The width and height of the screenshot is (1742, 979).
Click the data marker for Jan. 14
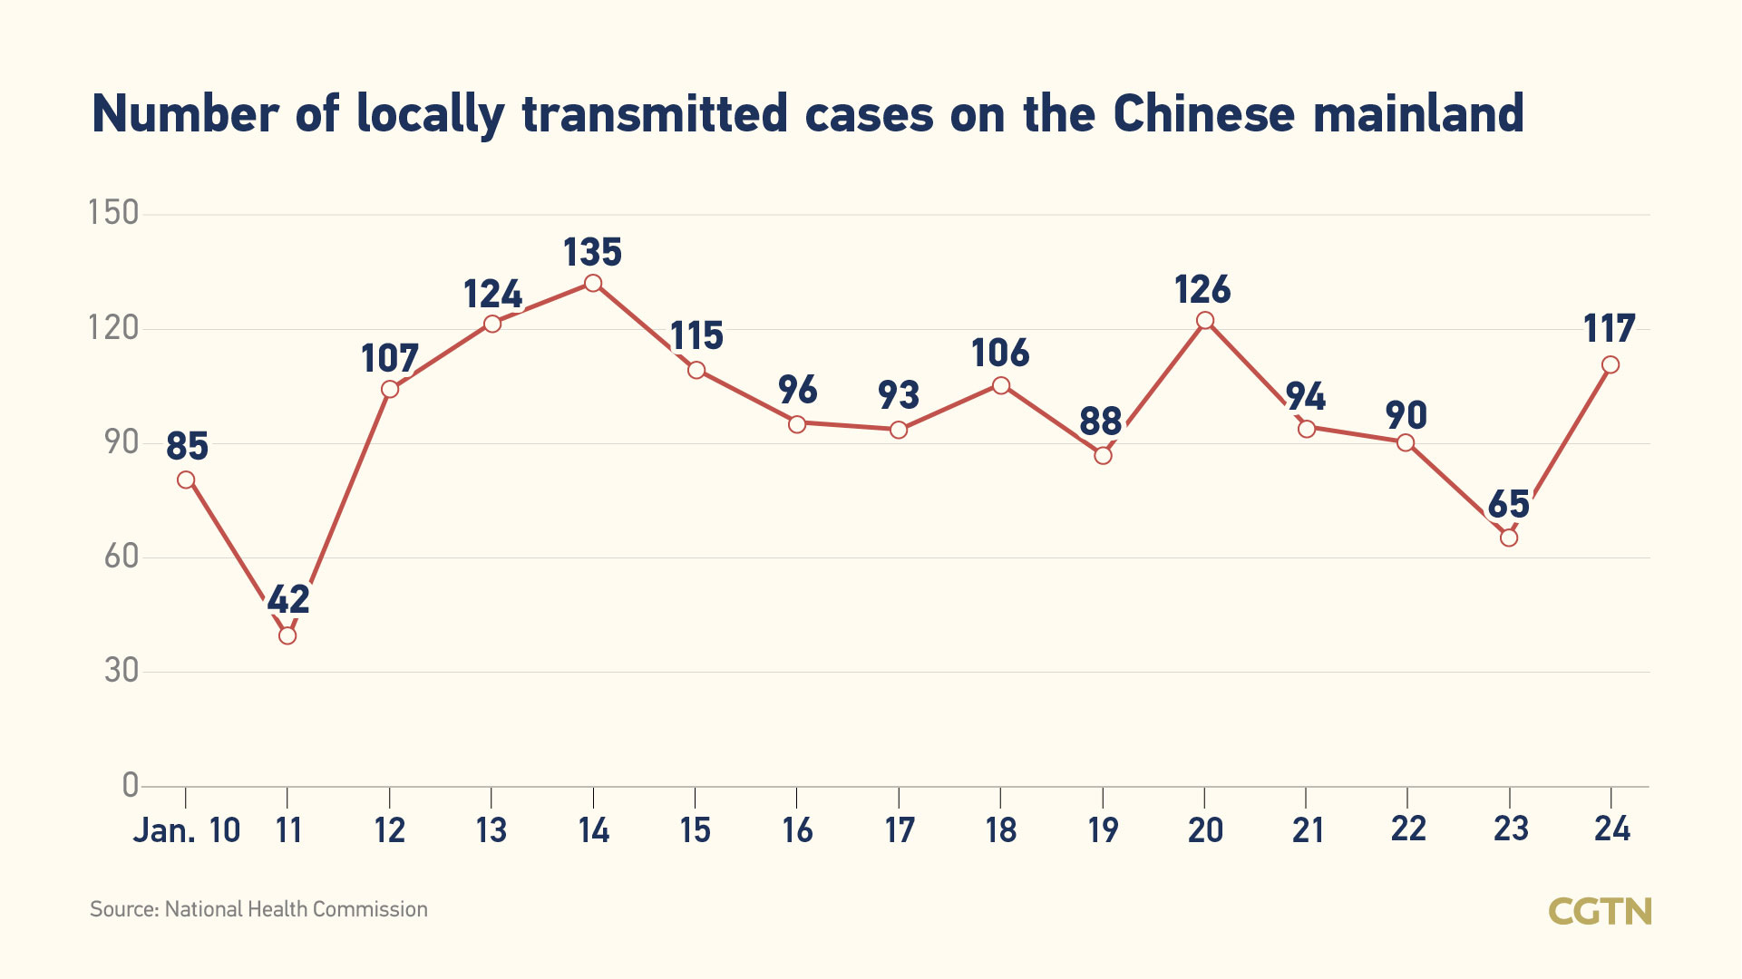click(593, 283)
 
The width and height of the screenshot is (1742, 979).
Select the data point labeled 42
click(287, 635)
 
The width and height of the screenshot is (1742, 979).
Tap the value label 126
click(1202, 290)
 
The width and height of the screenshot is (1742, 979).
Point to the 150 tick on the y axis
click(113, 213)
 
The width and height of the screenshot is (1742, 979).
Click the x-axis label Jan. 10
click(187, 830)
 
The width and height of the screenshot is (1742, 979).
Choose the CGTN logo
click(1600, 911)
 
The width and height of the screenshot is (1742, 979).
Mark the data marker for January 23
click(1509, 538)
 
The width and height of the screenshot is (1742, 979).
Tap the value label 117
click(1610, 328)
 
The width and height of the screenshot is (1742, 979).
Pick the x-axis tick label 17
click(900, 830)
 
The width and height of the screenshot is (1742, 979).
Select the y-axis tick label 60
click(122, 556)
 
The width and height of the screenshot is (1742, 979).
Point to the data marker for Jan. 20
click(1205, 320)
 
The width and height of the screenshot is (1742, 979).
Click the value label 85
click(188, 446)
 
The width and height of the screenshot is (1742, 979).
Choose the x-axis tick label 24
click(1612, 829)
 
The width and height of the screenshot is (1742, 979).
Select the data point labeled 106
click(1001, 385)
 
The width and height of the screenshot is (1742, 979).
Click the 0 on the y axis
click(131, 785)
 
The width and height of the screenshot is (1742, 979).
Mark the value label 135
click(593, 252)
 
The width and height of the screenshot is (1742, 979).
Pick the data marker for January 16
click(797, 423)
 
